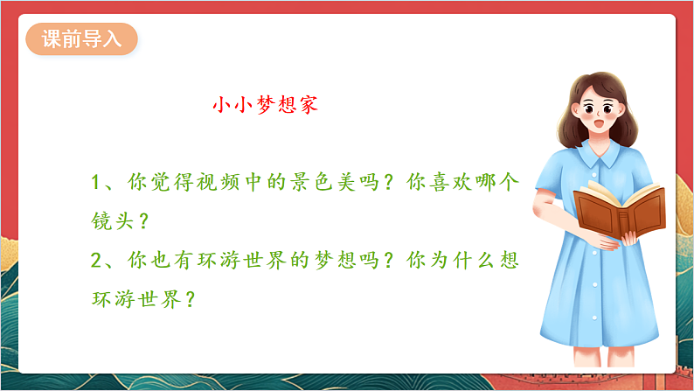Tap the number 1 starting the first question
(98, 184)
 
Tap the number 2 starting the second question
(98, 262)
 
